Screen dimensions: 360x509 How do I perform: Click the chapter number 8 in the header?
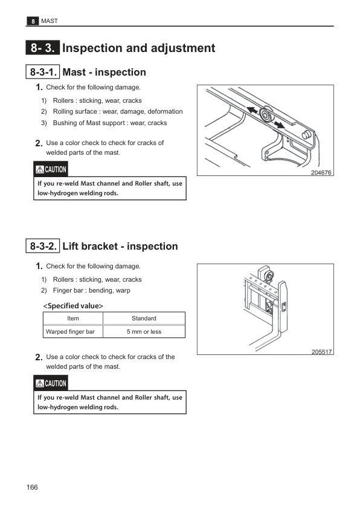tap(33, 21)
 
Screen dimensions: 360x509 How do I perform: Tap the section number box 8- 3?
tap(43, 48)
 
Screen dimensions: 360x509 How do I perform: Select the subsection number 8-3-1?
tap(43, 72)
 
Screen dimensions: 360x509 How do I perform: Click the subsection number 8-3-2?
tap(43, 246)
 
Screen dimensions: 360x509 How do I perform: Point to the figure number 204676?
tap(321, 172)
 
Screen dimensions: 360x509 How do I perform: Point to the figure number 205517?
tap(321, 352)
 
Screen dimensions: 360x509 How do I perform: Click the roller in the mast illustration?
tap(266, 115)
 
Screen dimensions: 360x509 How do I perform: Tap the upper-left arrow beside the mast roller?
tap(252, 110)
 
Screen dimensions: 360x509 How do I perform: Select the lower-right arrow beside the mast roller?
tap(278, 125)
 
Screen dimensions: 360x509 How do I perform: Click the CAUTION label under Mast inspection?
tap(51, 169)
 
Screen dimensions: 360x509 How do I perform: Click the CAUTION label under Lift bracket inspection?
tap(51, 383)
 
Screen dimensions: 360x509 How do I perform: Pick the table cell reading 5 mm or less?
tap(144, 332)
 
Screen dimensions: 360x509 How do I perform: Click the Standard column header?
tap(144, 319)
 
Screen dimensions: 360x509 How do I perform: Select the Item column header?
tap(73, 319)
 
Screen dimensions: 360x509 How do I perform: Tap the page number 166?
tap(32, 487)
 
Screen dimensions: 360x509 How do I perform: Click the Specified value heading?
tap(73, 306)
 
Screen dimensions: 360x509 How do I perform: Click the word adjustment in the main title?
tap(183, 48)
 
